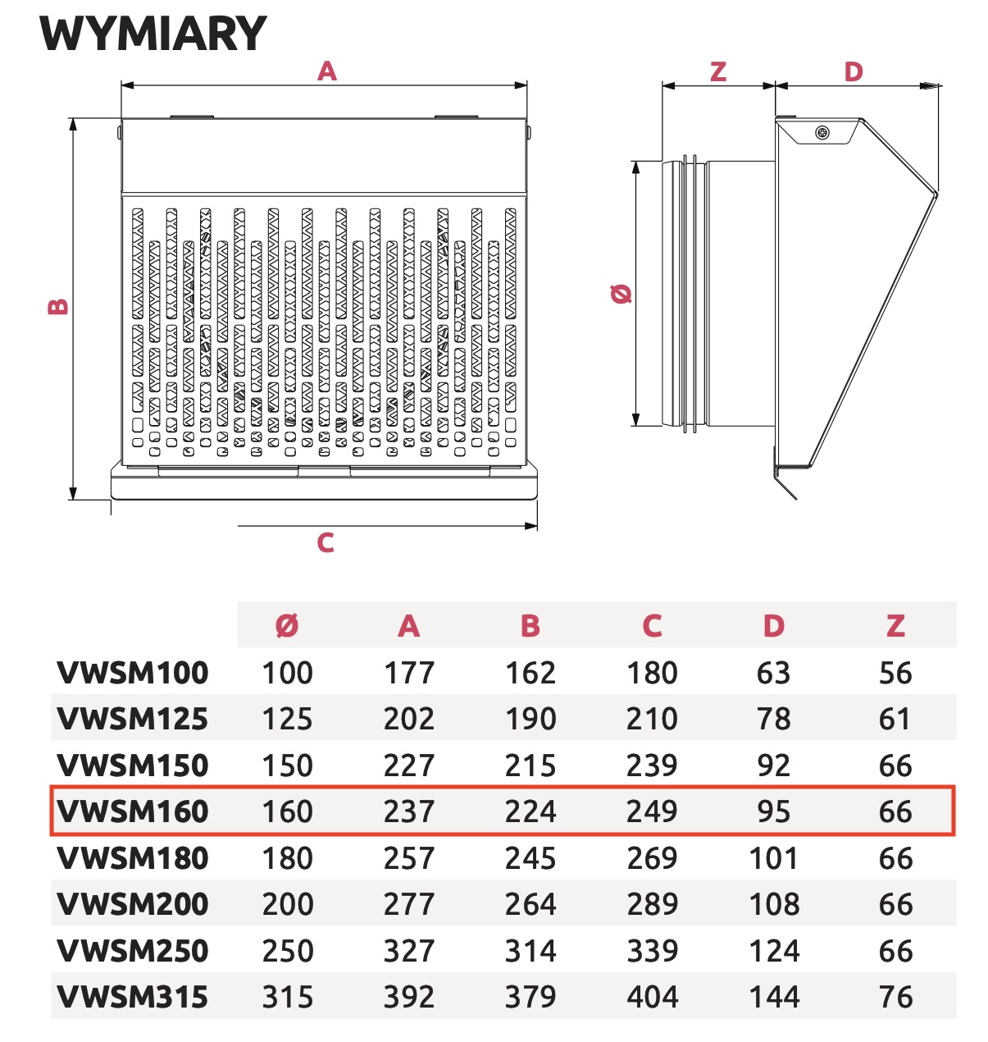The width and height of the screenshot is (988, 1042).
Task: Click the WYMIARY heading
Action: [153, 34]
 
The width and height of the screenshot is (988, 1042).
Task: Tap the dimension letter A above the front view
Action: [327, 71]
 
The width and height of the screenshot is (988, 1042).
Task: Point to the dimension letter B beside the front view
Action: [58, 307]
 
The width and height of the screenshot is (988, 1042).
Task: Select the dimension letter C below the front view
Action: [326, 542]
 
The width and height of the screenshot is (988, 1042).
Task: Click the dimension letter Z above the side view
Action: [718, 71]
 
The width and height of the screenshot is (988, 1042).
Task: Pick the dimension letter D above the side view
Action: [854, 71]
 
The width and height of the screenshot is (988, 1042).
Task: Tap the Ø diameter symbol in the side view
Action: [622, 294]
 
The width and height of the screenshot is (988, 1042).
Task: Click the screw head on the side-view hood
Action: [822, 133]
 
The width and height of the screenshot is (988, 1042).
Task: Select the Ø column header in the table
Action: [287, 626]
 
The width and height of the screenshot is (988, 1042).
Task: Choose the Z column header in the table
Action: [895, 626]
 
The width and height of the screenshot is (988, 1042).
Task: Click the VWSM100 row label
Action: [133, 673]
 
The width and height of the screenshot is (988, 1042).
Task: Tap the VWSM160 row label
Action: [133, 811]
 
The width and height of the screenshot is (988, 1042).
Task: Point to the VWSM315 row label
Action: [133, 997]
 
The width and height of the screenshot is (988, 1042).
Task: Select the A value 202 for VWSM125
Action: [409, 719]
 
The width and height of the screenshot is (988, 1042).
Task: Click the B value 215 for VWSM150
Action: [530, 766]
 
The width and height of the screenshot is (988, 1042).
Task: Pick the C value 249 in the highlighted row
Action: [652, 811]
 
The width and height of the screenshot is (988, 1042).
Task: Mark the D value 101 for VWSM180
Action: [773, 858]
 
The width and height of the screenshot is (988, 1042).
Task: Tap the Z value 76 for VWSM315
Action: [895, 997]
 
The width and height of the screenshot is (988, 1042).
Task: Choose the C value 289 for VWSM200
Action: [652, 904]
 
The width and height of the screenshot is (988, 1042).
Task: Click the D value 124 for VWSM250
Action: [773, 951]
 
